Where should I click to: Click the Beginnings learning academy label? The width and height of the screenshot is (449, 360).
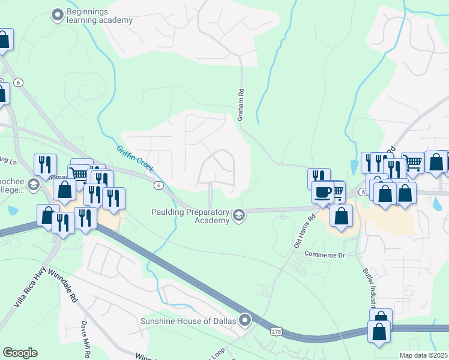[99, 16]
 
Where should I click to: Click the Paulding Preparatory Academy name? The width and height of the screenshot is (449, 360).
[191, 216]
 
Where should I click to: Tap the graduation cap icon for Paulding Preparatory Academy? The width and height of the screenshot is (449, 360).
[239, 215]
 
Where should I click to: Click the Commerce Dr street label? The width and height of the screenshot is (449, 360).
[324, 255]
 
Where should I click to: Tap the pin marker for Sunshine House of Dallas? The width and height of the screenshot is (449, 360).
[245, 320]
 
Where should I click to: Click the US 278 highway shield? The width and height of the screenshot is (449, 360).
[276, 331]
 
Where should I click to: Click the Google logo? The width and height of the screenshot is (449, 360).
[20, 353]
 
